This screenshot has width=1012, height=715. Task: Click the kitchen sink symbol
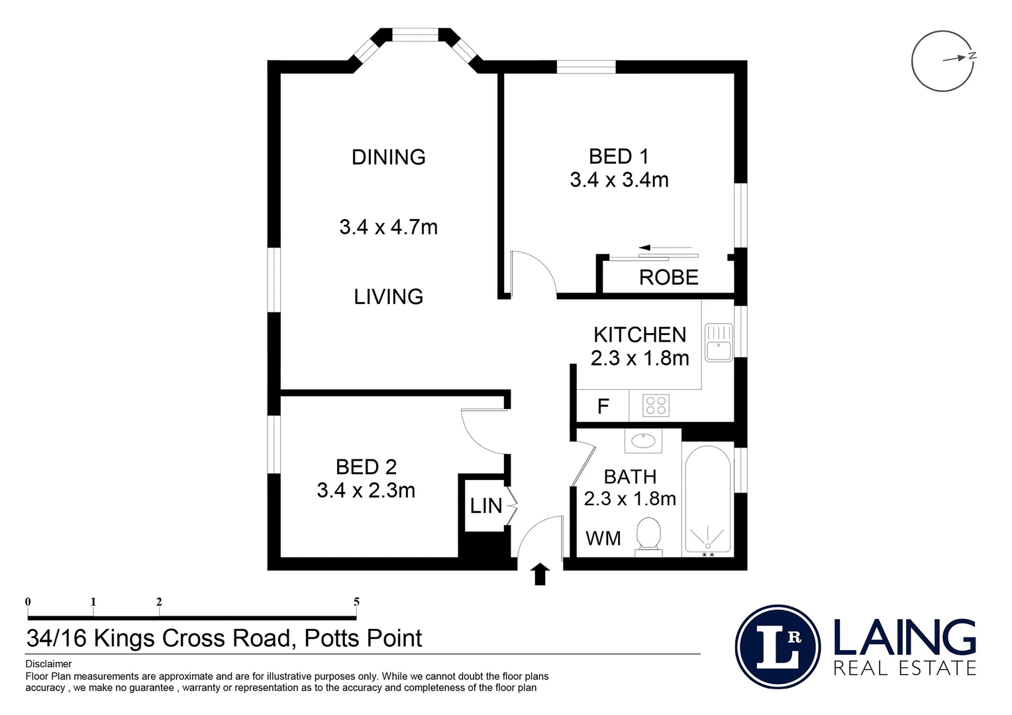(719, 343)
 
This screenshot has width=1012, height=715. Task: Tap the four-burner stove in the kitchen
(656, 405)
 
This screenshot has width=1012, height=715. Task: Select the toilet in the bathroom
(648, 537)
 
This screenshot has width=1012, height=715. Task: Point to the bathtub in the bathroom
(707, 500)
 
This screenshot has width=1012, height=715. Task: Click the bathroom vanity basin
(643, 440)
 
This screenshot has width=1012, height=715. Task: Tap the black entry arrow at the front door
(540, 574)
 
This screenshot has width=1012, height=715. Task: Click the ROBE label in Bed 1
(669, 277)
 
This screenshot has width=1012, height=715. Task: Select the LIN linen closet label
(486, 506)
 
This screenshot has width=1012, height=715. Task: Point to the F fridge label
(603, 406)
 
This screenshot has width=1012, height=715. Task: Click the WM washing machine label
(603, 538)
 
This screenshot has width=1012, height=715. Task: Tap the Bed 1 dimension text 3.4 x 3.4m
(619, 180)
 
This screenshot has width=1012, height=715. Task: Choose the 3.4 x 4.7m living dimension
(389, 226)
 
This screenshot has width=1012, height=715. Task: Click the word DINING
(389, 157)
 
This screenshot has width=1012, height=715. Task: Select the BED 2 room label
(366, 467)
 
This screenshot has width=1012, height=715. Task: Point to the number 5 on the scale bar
(356, 602)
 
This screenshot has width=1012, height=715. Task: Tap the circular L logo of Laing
(778, 647)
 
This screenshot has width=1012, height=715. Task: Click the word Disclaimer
(48, 664)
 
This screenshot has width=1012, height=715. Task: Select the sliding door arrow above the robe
(665, 248)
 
